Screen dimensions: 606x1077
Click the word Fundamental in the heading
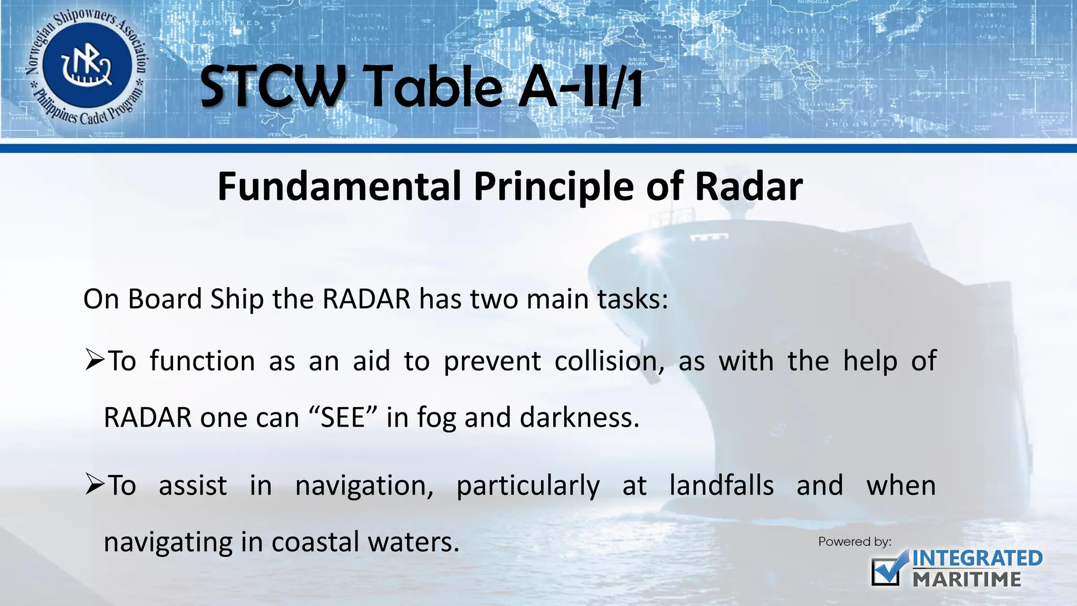tap(339, 187)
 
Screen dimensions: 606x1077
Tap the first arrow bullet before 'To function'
tap(95, 361)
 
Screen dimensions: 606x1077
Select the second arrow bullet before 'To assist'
tap(95, 486)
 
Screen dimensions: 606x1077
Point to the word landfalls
tap(721, 486)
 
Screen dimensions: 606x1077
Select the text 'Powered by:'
tap(855, 542)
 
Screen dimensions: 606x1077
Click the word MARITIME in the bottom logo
tap(967, 580)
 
